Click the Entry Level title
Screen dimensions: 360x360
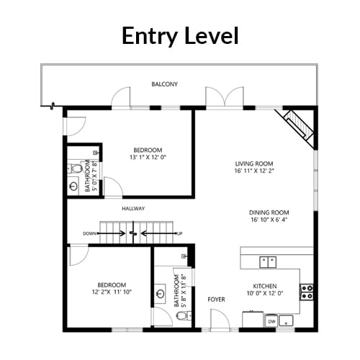tap(180, 36)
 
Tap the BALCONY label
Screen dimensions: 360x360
tap(165, 84)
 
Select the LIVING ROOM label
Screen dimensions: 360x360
tap(254, 163)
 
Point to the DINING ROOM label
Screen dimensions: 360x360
tap(269, 212)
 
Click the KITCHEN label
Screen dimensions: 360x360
tap(265, 286)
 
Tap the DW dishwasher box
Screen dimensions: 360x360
tap(271, 321)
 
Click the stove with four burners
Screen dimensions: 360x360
tap(307, 292)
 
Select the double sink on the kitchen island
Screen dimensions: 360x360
tap(268, 262)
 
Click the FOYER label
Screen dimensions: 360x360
tap(217, 300)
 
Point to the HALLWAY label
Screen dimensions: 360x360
tap(133, 209)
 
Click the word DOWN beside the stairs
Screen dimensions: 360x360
tap(89, 233)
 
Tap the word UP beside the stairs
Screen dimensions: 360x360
tap(179, 233)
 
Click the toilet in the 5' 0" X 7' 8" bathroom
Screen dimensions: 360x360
tap(76, 168)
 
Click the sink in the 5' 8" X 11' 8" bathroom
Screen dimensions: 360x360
tap(160, 294)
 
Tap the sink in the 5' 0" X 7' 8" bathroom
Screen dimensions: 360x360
tap(73, 186)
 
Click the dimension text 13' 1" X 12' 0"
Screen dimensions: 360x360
tap(148, 157)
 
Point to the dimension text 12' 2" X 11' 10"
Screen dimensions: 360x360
tap(112, 292)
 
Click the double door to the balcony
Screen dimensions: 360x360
tap(225, 96)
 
